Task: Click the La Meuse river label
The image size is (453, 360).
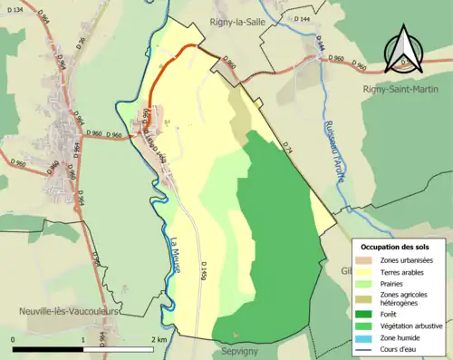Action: click(177, 253)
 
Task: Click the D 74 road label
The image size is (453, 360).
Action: click(286, 146)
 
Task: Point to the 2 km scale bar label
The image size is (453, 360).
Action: click(159, 340)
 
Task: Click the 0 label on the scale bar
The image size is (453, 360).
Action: click(14, 340)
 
